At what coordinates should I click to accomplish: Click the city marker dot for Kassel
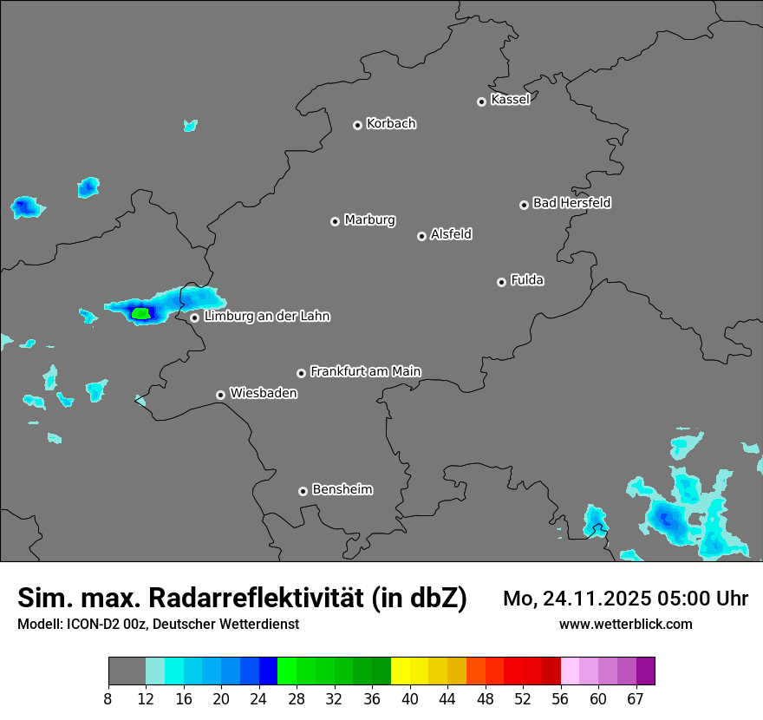tap(481, 101)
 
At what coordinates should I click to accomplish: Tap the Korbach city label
tap(391, 123)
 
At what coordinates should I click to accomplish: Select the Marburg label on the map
tap(369, 219)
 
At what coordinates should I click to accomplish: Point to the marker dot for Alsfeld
tap(421, 236)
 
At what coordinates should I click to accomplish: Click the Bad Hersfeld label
tap(571, 203)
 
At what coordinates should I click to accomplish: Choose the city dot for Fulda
tap(501, 282)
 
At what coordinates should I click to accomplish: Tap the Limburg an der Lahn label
tap(267, 316)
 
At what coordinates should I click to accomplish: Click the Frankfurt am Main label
tap(365, 371)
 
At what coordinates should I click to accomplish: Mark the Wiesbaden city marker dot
tap(220, 395)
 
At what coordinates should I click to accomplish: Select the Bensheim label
tap(342, 489)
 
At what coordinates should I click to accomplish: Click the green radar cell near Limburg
tap(140, 313)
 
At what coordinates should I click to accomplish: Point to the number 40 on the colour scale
tap(410, 698)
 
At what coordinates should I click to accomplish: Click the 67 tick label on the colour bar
tap(635, 698)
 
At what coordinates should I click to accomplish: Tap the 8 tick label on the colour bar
tap(108, 698)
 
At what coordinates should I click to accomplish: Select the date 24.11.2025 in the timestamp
tap(596, 599)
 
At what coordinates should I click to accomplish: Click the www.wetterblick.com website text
tap(626, 624)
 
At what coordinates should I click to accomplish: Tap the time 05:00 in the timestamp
tap(686, 599)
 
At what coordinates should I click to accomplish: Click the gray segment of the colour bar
tap(127, 671)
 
